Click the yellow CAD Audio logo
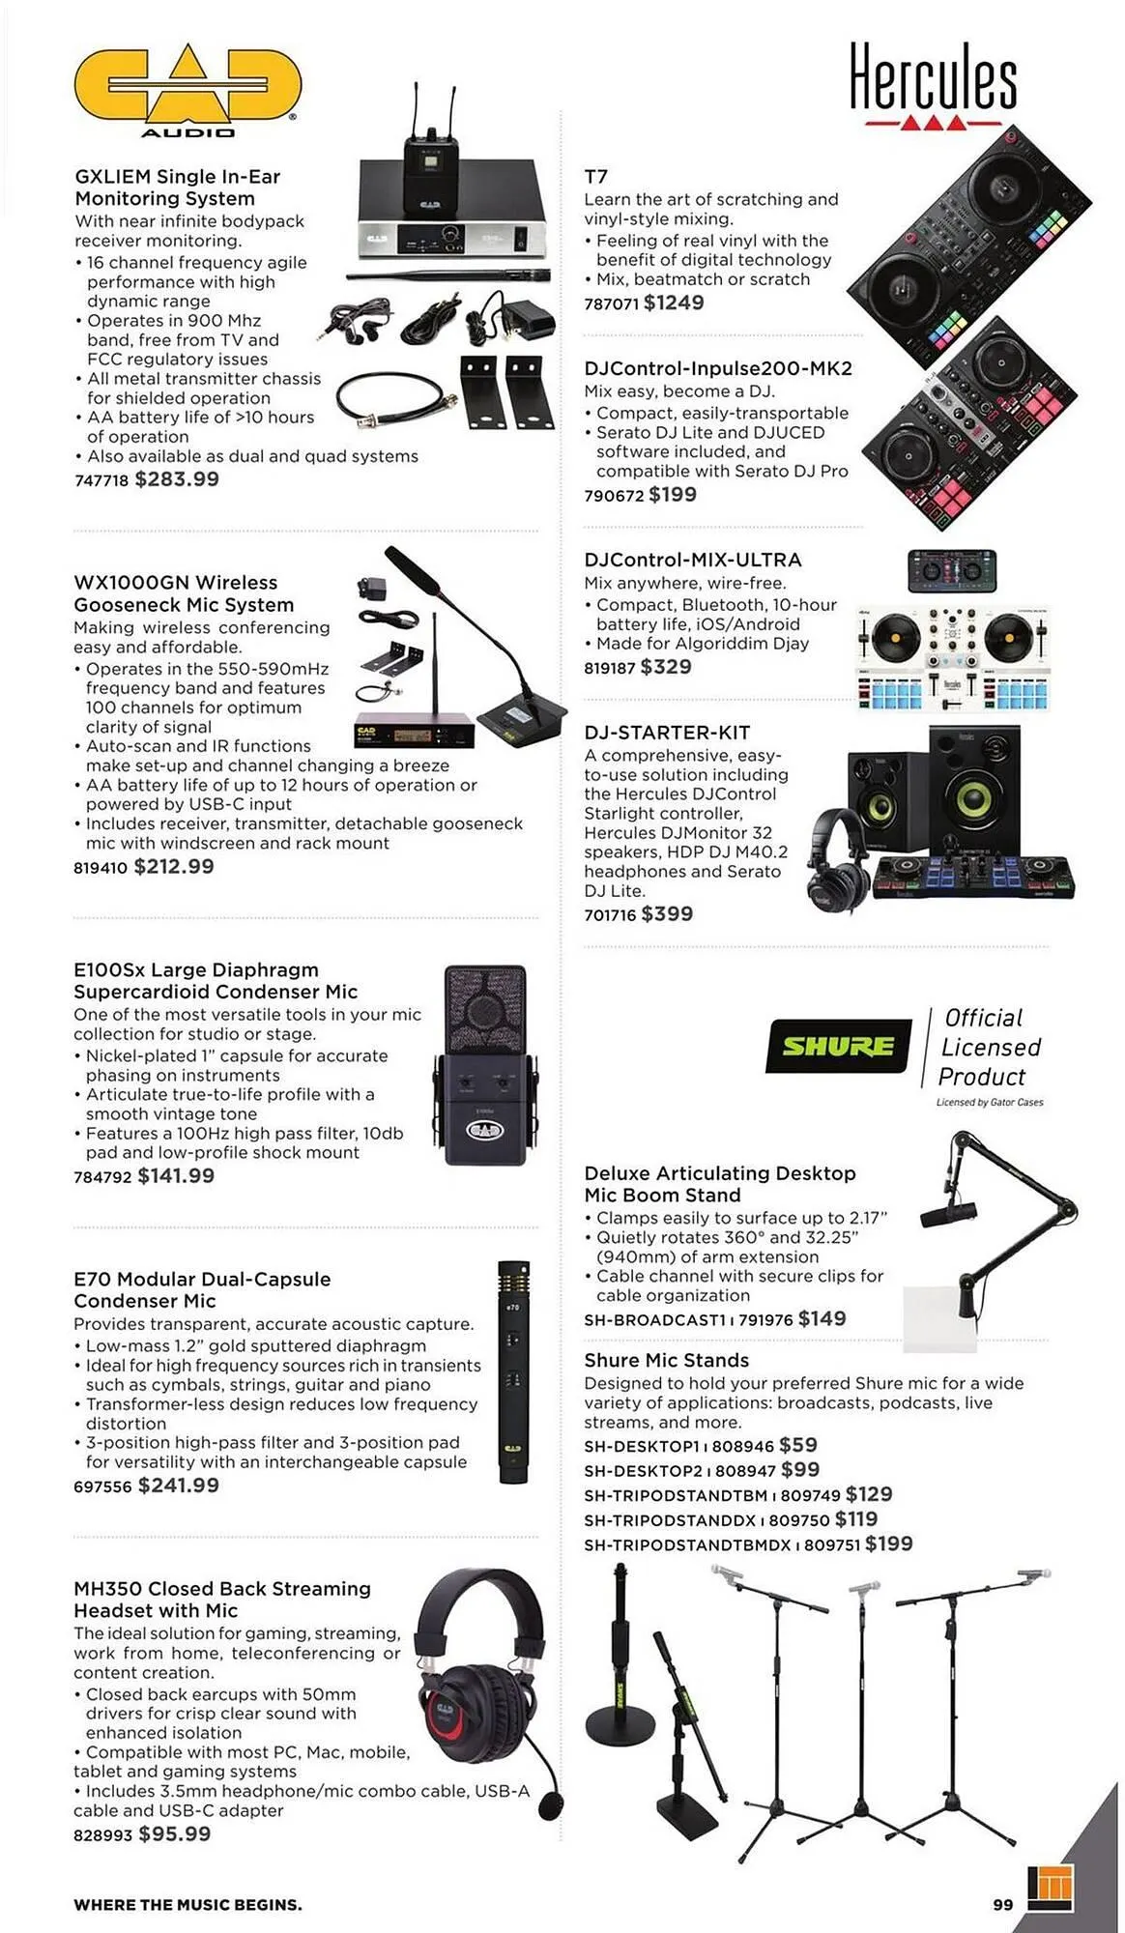[x=187, y=89]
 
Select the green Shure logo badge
[x=838, y=1046]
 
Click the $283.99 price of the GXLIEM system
[x=177, y=479]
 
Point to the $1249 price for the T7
[x=674, y=303]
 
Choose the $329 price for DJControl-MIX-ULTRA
[x=666, y=667]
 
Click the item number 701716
[x=610, y=914]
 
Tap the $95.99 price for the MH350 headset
[x=174, y=1833]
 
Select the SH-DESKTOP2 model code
[x=643, y=1471]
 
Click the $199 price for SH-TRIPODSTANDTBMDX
[x=888, y=1544]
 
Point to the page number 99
[x=1002, y=1904]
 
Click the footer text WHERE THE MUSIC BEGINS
[x=187, y=1904]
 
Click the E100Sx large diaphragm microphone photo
[x=485, y=1064]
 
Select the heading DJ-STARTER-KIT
[x=667, y=733]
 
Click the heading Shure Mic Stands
[x=666, y=1360]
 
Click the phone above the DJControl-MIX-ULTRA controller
[x=951, y=570]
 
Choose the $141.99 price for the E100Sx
[x=176, y=1176]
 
